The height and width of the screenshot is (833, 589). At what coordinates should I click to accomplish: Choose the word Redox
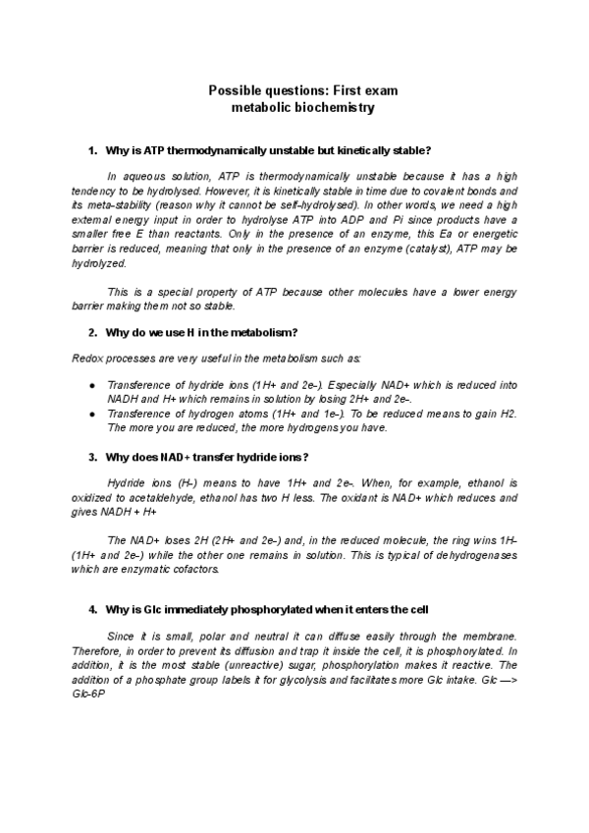(x=88, y=359)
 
